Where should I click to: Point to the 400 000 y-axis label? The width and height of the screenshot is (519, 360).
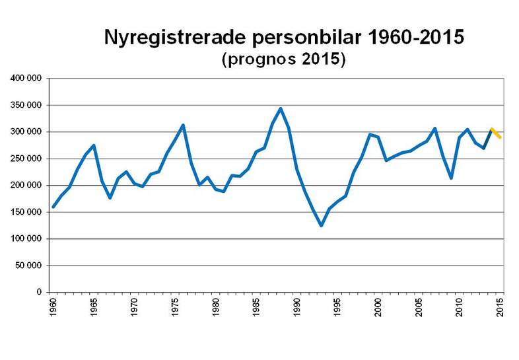click(27, 79)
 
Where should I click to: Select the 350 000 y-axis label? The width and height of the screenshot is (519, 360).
click(27, 105)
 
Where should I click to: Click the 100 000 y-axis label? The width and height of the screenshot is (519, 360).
click(27, 238)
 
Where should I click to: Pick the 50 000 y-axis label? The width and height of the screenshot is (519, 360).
click(29, 266)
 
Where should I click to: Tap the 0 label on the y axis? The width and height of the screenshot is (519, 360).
click(40, 292)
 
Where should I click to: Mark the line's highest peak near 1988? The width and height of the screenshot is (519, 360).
click(281, 108)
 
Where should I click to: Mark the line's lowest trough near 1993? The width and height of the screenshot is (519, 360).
click(322, 226)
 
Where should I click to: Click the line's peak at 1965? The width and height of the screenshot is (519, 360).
click(94, 145)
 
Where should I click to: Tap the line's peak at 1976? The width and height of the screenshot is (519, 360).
click(183, 125)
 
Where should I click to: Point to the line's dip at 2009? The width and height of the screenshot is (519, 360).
click(452, 178)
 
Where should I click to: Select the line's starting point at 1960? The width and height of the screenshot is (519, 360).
click(53, 207)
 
